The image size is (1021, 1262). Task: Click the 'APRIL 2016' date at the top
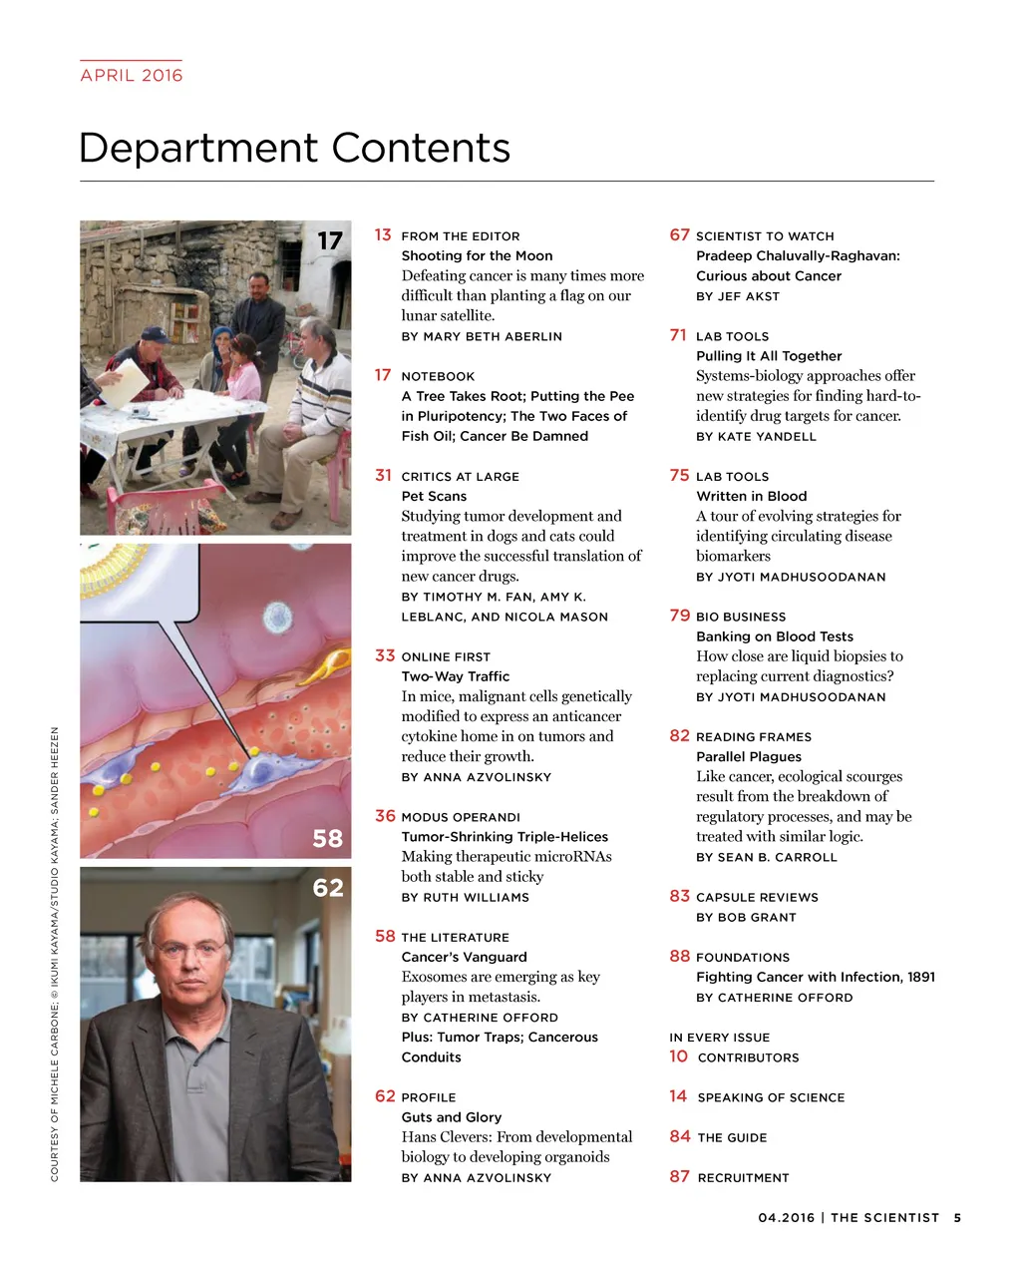click(132, 75)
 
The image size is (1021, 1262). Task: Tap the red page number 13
click(383, 234)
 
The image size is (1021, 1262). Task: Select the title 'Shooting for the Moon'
click(477, 255)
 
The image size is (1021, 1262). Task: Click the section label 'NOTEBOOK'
click(438, 376)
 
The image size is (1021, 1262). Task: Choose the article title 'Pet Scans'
click(434, 496)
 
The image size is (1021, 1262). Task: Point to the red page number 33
click(385, 655)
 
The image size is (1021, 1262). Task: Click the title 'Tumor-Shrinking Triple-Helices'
click(505, 836)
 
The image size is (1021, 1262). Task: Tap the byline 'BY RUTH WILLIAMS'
click(465, 897)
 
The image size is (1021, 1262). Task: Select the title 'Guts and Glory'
click(451, 1117)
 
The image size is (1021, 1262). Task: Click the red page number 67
click(679, 234)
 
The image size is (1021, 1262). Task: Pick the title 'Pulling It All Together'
click(769, 355)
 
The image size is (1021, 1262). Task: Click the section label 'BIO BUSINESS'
click(741, 617)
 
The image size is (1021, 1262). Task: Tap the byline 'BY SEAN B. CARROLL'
click(766, 857)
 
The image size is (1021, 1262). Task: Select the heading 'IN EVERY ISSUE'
click(719, 1038)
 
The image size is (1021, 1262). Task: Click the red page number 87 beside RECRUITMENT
click(679, 1176)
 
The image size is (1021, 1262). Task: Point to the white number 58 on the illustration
click(327, 839)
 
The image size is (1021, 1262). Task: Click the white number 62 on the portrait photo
click(327, 888)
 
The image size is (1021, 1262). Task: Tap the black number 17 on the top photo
click(329, 241)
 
